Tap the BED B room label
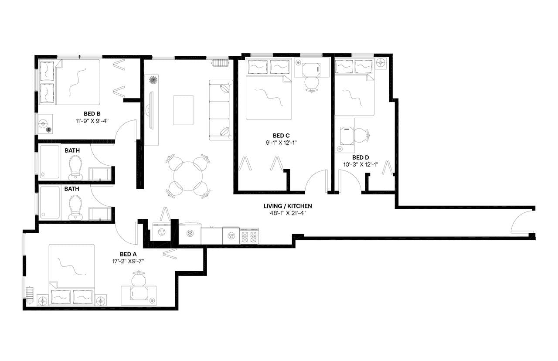point(92,114)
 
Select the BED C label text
point(281,136)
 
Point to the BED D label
point(361,157)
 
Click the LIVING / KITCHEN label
point(288,206)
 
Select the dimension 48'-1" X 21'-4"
point(288,213)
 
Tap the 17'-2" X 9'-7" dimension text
point(128,262)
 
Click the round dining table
point(188,176)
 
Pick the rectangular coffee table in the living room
point(183,110)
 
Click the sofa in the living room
point(221,110)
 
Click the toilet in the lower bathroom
point(75,207)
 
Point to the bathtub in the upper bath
point(49,162)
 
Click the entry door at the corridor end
point(521,222)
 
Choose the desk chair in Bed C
point(311,83)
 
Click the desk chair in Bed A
point(139,278)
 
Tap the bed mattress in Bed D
point(354,94)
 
